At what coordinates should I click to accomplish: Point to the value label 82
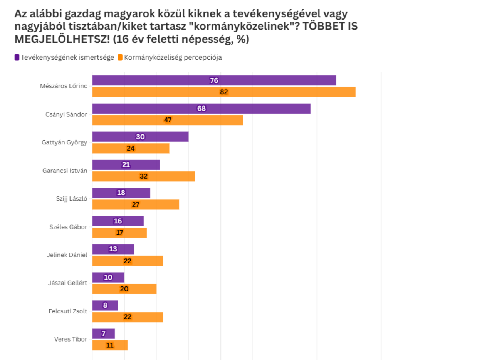[x=224, y=92]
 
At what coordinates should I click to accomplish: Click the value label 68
[x=201, y=109]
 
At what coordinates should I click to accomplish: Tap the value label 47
[x=168, y=120]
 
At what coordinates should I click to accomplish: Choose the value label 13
[x=113, y=249]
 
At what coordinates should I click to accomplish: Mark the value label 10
[x=108, y=277]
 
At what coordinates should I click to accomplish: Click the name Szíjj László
[x=72, y=199]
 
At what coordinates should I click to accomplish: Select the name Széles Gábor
[x=68, y=227]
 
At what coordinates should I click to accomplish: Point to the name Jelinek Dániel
[x=67, y=255]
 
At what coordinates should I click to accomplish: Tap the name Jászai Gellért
[x=68, y=283]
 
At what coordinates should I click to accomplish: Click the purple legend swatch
[x=17, y=57]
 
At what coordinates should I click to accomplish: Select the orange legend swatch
[x=120, y=57]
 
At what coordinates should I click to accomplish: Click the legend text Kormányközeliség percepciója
[x=173, y=57]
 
